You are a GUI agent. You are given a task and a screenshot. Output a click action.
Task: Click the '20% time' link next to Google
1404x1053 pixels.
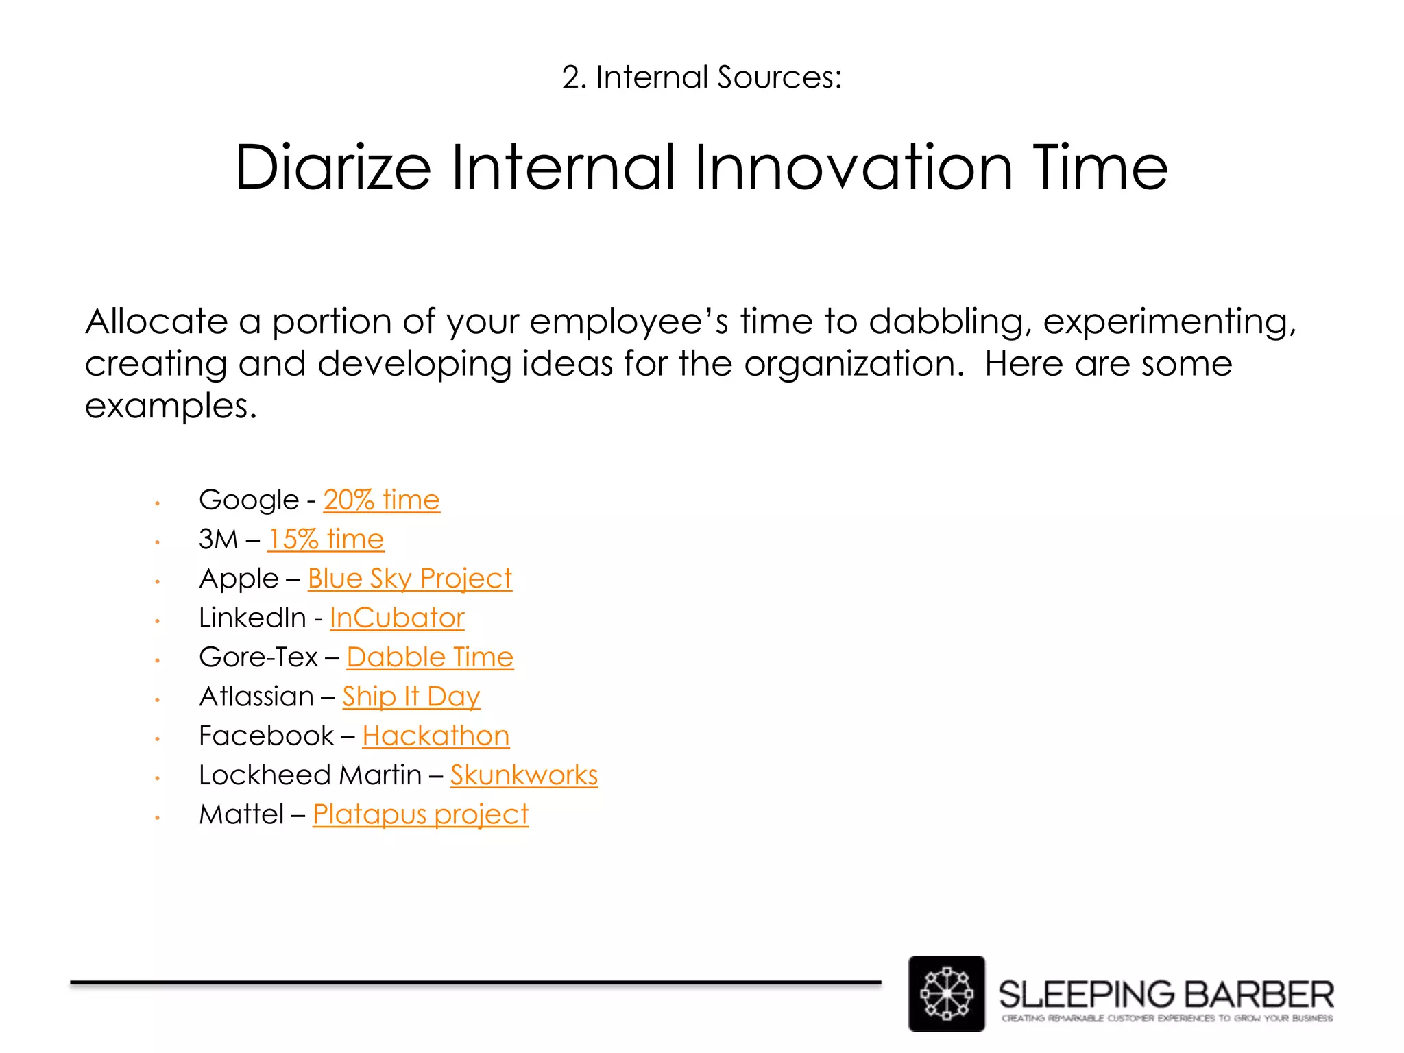coord(381,500)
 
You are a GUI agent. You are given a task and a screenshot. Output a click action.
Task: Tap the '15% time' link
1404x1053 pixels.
coord(326,539)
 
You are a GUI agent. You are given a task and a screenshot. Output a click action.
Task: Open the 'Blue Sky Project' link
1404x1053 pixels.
coord(409,579)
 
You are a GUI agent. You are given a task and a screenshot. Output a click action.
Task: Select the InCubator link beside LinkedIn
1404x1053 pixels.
coord(397,618)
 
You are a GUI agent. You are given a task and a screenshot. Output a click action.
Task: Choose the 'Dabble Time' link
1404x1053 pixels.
coord(430,657)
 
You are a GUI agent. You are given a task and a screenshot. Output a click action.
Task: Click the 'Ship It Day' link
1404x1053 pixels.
coord(411,697)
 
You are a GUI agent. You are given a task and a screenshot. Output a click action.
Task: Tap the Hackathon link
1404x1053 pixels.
coord(436,736)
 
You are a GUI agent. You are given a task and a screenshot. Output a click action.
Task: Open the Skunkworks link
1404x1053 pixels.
coord(524,775)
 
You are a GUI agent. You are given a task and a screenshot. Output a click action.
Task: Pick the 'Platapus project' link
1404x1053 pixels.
coord(420,814)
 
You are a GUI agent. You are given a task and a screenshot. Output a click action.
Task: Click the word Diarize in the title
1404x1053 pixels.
coord(333,167)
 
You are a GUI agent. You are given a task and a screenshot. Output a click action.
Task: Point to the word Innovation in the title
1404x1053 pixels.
coord(854,167)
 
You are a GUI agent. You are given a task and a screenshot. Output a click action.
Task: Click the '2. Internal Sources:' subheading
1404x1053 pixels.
coord(701,77)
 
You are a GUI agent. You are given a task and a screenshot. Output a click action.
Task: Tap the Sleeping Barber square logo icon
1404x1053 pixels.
coord(946,993)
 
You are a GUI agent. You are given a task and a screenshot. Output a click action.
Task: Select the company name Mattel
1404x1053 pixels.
coord(241,814)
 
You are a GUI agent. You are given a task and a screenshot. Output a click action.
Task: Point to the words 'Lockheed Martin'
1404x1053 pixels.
coord(310,775)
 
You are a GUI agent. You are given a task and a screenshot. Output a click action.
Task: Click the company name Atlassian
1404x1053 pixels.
coord(256,697)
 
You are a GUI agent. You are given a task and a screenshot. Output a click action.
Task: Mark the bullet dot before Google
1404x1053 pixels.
coord(157,503)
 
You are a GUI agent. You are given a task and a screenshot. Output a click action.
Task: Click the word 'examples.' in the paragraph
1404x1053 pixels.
coord(171,406)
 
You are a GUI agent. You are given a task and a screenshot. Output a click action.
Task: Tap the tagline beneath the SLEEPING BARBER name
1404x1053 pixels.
coord(1167,1018)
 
